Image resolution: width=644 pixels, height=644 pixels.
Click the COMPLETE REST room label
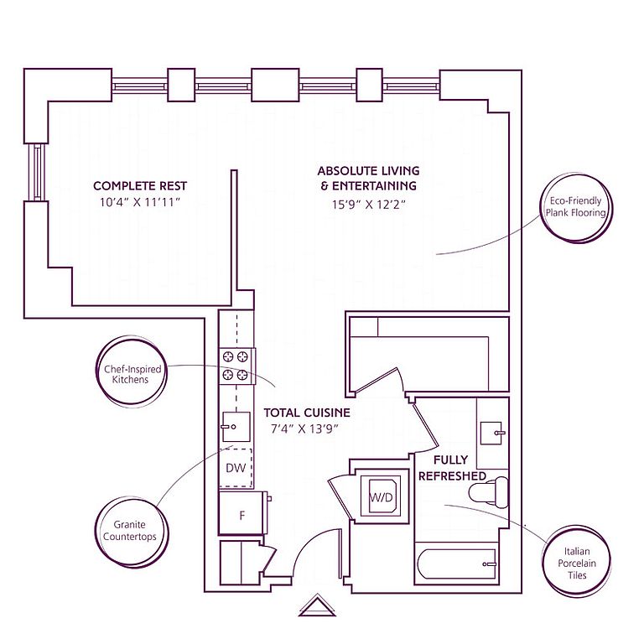(x=140, y=186)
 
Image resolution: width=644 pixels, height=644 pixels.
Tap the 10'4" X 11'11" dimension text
(x=140, y=202)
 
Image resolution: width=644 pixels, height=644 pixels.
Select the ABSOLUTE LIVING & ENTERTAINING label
(x=368, y=179)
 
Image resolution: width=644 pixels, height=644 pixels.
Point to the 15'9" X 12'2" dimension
(x=368, y=205)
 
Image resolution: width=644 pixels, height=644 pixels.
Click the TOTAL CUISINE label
(x=307, y=413)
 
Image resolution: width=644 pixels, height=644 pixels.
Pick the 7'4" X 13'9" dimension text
(x=304, y=429)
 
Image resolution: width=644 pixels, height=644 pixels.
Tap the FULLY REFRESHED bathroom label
(x=452, y=468)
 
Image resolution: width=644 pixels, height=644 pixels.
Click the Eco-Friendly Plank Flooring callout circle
(x=576, y=207)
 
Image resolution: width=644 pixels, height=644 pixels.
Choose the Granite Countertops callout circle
(x=131, y=531)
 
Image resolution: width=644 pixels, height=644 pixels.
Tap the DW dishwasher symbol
(x=236, y=467)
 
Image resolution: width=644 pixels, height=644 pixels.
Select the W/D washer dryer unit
(x=382, y=496)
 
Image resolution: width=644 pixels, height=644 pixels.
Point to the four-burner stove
(x=237, y=366)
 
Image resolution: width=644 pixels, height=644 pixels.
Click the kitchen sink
(x=236, y=427)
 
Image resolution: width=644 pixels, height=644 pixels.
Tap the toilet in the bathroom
(x=488, y=491)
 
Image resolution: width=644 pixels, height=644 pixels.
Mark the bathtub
(x=456, y=563)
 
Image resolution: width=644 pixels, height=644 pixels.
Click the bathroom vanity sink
(x=491, y=433)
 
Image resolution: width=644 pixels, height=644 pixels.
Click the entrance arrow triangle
(x=317, y=605)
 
